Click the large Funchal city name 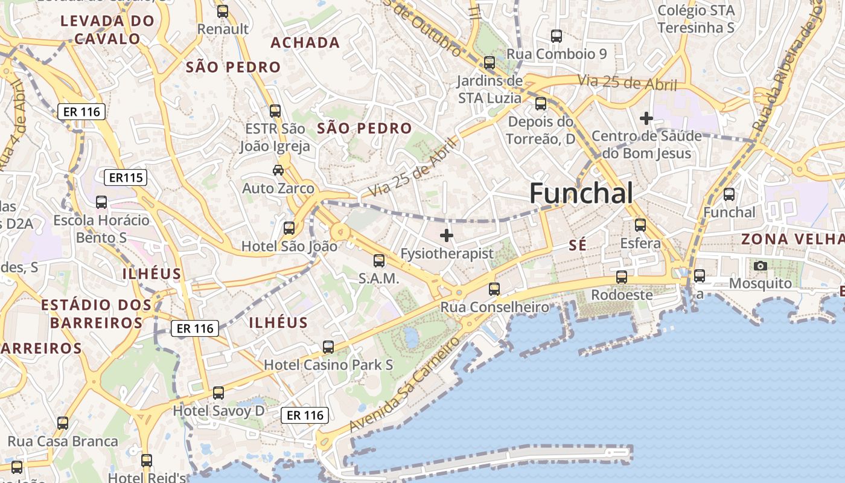click(581, 194)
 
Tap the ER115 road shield click(126, 178)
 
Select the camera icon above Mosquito click(760, 266)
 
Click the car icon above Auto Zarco click(278, 170)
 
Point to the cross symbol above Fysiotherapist click(447, 235)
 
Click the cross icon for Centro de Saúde click(646, 118)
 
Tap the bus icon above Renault click(223, 11)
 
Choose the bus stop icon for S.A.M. click(379, 261)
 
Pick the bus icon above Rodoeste click(621, 277)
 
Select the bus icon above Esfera click(640, 225)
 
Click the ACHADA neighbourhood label click(305, 43)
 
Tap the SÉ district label click(578, 245)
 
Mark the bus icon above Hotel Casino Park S click(328, 347)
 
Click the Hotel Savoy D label click(218, 411)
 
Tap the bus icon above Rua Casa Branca click(63, 423)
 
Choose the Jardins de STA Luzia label click(489, 89)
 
